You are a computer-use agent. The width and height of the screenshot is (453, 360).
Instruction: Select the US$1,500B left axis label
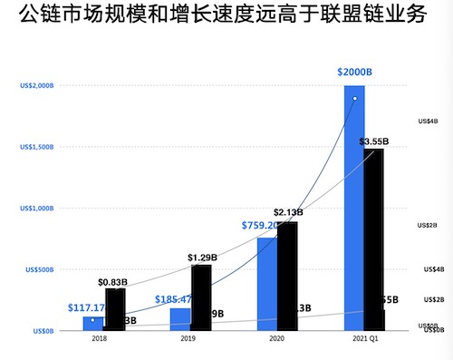[x=36, y=147]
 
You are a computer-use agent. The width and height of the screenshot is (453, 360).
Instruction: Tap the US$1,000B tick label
[x=36, y=208]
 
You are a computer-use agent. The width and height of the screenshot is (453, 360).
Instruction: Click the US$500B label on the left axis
[x=38, y=269]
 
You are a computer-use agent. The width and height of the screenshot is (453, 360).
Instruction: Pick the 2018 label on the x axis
[x=100, y=339]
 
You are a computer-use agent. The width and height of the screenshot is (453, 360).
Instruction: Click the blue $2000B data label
[x=355, y=72]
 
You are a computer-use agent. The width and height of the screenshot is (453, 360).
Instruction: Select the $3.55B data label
[x=373, y=141]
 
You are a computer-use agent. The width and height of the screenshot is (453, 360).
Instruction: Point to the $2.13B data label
[x=287, y=212]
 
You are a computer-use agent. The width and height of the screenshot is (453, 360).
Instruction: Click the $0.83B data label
[x=112, y=282]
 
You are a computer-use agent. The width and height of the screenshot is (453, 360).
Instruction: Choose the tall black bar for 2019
[x=201, y=297]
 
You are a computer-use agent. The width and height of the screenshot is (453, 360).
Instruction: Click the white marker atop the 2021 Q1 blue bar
[x=355, y=98]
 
